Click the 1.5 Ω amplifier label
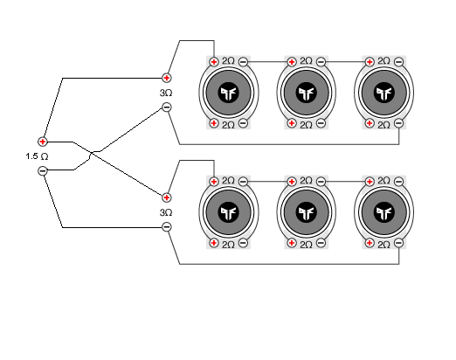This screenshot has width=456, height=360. click(x=38, y=156)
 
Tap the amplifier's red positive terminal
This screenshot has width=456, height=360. click(x=43, y=141)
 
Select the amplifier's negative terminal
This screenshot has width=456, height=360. click(x=43, y=171)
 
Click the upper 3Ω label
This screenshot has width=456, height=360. click(x=166, y=93)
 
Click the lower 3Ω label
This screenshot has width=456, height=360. click(x=166, y=211)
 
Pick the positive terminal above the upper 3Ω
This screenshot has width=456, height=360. click(x=167, y=78)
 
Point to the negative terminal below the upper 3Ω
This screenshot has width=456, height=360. click(x=167, y=108)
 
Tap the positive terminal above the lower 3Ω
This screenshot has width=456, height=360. click(x=167, y=197)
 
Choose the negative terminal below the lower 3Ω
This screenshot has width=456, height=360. click(x=167, y=227)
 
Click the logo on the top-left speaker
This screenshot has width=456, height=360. click(x=228, y=93)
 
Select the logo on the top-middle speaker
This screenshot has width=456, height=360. click(x=306, y=93)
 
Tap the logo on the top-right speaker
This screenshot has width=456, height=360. click(x=383, y=93)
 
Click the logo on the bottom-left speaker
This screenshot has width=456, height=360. click(x=228, y=212)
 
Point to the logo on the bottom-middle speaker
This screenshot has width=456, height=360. click(x=306, y=212)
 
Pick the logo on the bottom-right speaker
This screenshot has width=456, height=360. click(x=383, y=212)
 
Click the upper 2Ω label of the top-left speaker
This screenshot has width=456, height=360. click(x=228, y=61)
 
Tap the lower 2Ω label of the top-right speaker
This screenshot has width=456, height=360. click(x=383, y=124)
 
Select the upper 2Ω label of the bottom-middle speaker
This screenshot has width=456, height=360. click(x=306, y=181)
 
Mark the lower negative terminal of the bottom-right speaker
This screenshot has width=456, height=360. click(x=397, y=244)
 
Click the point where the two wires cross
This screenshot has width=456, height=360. click(x=93, y=155)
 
